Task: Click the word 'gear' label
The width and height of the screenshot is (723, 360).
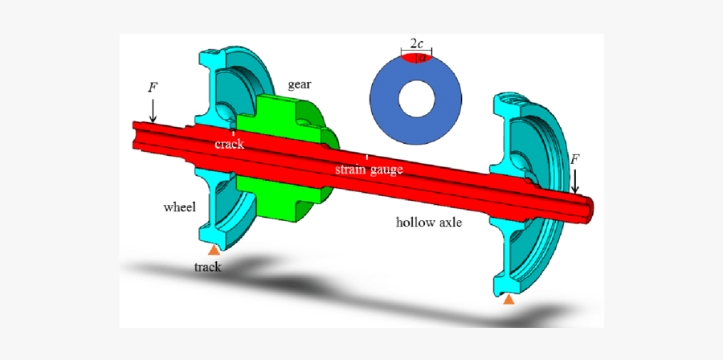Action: click(299, 84)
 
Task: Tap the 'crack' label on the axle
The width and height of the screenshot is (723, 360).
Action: click(229, 144)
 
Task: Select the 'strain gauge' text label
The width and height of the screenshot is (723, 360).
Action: click(369, 170)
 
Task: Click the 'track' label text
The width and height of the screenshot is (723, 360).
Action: click(207, 267)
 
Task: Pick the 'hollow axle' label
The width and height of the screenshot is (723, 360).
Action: click(428, 222)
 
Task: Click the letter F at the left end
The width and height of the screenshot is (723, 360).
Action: click(153, 87)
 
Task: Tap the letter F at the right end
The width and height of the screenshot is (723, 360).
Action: click(574, 159)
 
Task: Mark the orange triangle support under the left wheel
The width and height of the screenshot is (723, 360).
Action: click(214, 250)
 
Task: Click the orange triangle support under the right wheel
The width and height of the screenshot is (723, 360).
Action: click(508, 300)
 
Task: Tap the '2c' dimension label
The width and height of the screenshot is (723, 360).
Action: click(416, 44)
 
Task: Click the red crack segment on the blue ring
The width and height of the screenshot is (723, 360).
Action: click(416, 58)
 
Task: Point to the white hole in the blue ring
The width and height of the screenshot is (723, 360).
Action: click(416, 96)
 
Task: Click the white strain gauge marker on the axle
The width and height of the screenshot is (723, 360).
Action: click(367, 157)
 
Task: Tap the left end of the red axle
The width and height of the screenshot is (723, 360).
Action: click(138, 133)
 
